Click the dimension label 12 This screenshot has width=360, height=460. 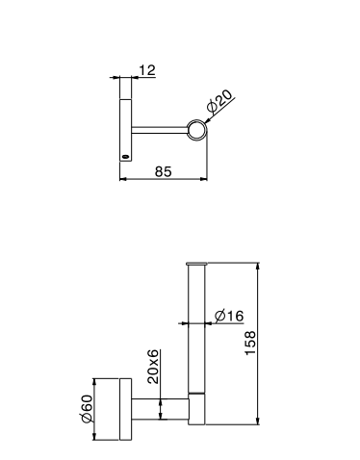147,70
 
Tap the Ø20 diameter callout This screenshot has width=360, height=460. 219,101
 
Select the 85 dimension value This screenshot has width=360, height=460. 164,171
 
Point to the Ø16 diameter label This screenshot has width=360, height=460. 229,316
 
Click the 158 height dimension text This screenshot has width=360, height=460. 250,343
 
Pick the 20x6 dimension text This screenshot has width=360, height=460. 153,367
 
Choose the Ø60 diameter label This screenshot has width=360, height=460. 87,409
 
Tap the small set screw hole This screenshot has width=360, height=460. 125,157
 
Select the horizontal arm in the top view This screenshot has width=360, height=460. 160,130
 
